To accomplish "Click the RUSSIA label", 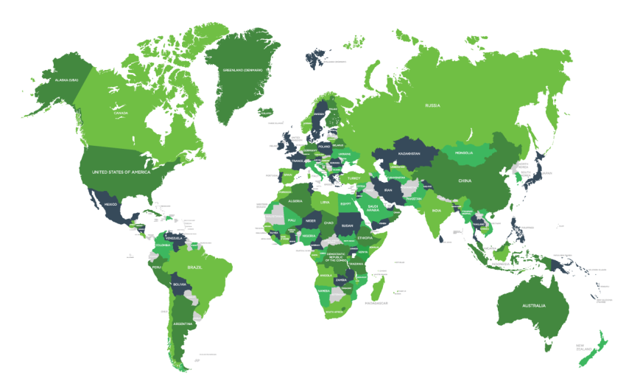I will (432, 105).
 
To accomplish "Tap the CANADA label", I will (121, 113).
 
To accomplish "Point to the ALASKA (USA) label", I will (61, 80).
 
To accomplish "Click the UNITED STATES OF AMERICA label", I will (121, 172).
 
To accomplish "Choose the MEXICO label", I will (110, 204).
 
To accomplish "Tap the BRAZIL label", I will (194, 267).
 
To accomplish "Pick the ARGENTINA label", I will (183, 323).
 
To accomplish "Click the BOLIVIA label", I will (180, 284).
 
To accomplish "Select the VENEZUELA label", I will (173, 239).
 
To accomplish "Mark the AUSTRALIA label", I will (531, 306).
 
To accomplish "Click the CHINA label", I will (464, 181).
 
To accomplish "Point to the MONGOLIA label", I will (463, 153).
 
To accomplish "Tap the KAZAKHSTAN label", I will (409, 154).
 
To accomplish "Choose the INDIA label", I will (437, 211).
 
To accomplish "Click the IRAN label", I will (388, 190).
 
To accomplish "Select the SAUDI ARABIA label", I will (373, 209).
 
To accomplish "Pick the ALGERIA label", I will (295, 200).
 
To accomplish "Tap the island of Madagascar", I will (377, 287).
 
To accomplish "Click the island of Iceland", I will (265, 113).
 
